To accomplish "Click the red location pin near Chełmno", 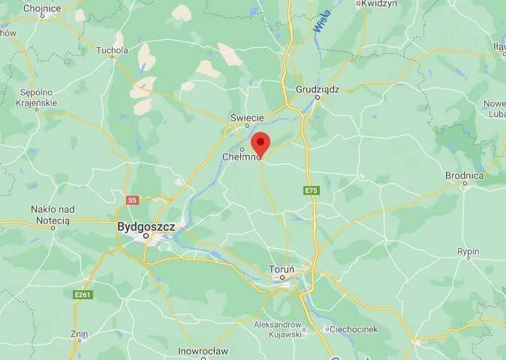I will [x=260, y=143].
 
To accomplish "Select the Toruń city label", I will [x=282, y=268].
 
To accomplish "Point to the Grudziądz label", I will [x=318, y=88].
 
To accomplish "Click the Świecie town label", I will [x=246, y=117].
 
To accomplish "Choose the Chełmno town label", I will [x=241, y=157].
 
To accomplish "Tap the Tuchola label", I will [x=113, y=51].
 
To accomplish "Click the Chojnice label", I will [x=42, y=8].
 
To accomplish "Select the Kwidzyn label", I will [x=378, y=4].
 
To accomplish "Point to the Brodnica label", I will [x=464, y=175].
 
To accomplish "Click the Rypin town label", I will [x=468, y=252].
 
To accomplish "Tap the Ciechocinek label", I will [x=355, y=328].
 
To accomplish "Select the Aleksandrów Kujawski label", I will [x=278, y=329].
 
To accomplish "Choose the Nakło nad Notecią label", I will [x=50, y=214].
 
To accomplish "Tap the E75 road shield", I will [x=312, y=191].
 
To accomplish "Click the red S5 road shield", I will [x=132, y=200].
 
